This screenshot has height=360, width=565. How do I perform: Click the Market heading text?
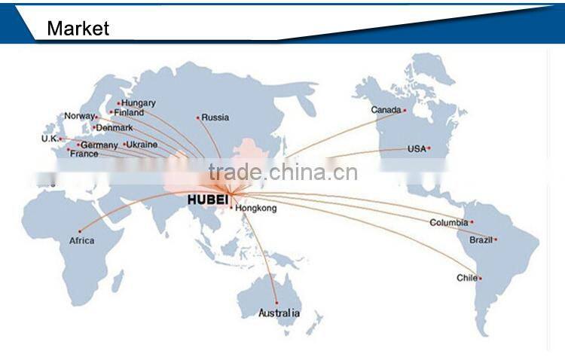78,29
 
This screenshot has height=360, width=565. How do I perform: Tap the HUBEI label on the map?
207,200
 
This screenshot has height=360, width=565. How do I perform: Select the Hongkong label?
256,208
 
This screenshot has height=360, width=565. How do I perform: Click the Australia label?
279,313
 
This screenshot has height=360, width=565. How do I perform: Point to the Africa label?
81,240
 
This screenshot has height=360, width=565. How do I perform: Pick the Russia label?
215,117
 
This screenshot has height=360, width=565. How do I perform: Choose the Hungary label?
139,102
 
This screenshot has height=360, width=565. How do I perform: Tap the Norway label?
79,116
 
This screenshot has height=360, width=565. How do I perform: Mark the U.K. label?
50,139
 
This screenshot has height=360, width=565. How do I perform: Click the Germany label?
99,145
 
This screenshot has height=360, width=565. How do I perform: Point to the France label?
84,154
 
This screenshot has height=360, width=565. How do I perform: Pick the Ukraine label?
142,144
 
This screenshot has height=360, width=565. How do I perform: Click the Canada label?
386,110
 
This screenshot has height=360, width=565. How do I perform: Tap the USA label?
417,148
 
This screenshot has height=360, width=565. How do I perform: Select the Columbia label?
449,222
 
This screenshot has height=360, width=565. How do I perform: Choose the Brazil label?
481,239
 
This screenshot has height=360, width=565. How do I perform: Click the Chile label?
466,278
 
